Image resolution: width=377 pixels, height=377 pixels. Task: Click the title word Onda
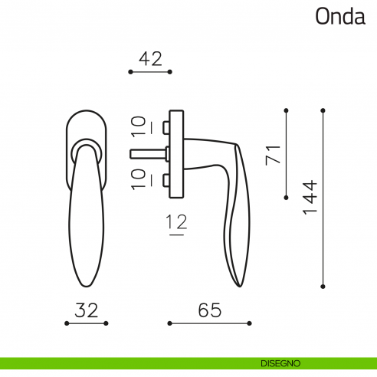tap(340, 17)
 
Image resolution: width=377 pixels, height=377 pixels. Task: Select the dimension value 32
tap(87, 310)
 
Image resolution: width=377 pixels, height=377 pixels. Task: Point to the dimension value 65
tap(209, 310)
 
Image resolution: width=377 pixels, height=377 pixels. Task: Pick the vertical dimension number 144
tap(310, 197)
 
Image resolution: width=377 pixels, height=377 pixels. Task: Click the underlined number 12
tap(177, 224)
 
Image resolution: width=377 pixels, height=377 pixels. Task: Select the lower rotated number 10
tap(138, 181)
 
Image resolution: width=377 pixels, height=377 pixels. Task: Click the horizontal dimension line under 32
tap(87, 323)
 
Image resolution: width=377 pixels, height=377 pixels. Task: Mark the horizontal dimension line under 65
tap(209, 323)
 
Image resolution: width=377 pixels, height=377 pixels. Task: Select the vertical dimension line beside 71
tap(286, 153)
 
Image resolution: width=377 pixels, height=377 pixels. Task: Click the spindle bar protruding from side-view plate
tap(149, 153)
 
